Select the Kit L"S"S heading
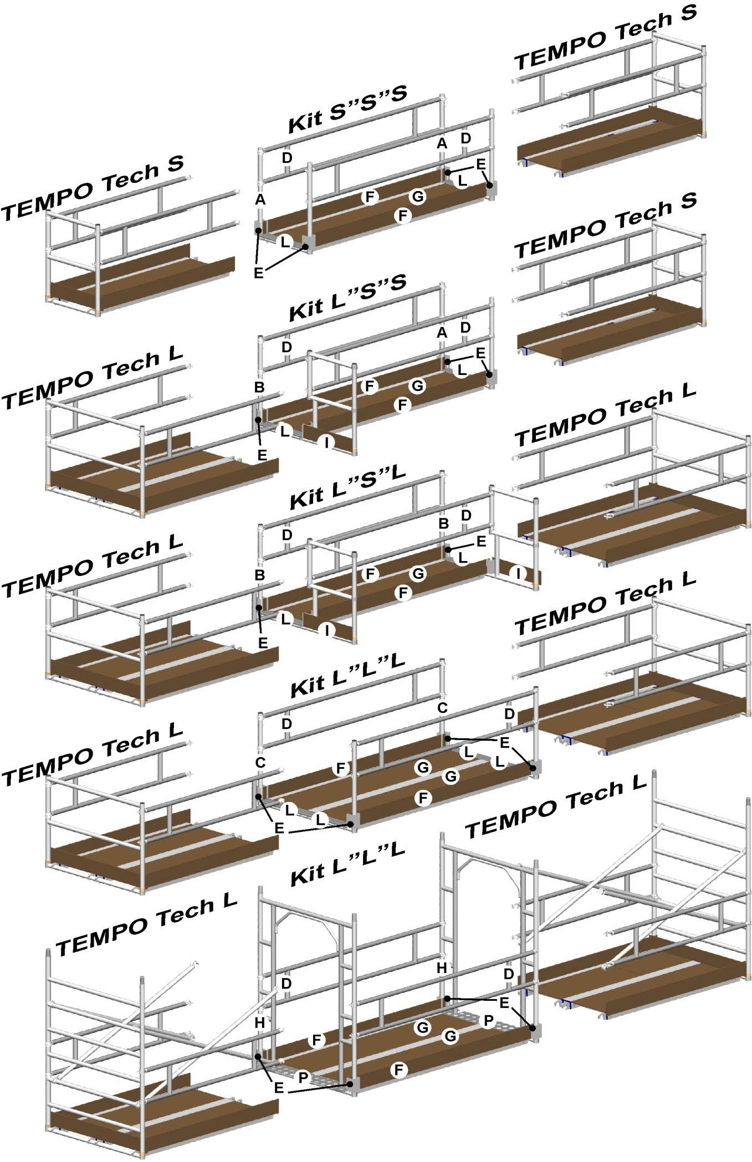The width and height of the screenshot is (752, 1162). point(347,301)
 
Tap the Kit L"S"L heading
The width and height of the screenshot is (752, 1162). point(347,487)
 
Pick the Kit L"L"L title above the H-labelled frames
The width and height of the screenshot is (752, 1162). point(347,864)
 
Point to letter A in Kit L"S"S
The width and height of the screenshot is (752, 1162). point(442,333)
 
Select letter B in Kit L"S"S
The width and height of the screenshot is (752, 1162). point(259,387)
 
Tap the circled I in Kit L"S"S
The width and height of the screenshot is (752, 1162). point(327,441)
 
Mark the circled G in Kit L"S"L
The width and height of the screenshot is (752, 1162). point(418,574)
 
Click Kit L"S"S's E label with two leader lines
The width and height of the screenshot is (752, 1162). point(480,353)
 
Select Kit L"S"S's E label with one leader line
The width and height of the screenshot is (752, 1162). point(262,455)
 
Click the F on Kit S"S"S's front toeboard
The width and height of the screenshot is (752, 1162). point(403,215)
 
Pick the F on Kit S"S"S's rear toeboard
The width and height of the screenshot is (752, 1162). point(370,196)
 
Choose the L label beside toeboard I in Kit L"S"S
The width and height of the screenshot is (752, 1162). point(285,430)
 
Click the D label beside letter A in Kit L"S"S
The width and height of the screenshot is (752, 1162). point(465,327)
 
